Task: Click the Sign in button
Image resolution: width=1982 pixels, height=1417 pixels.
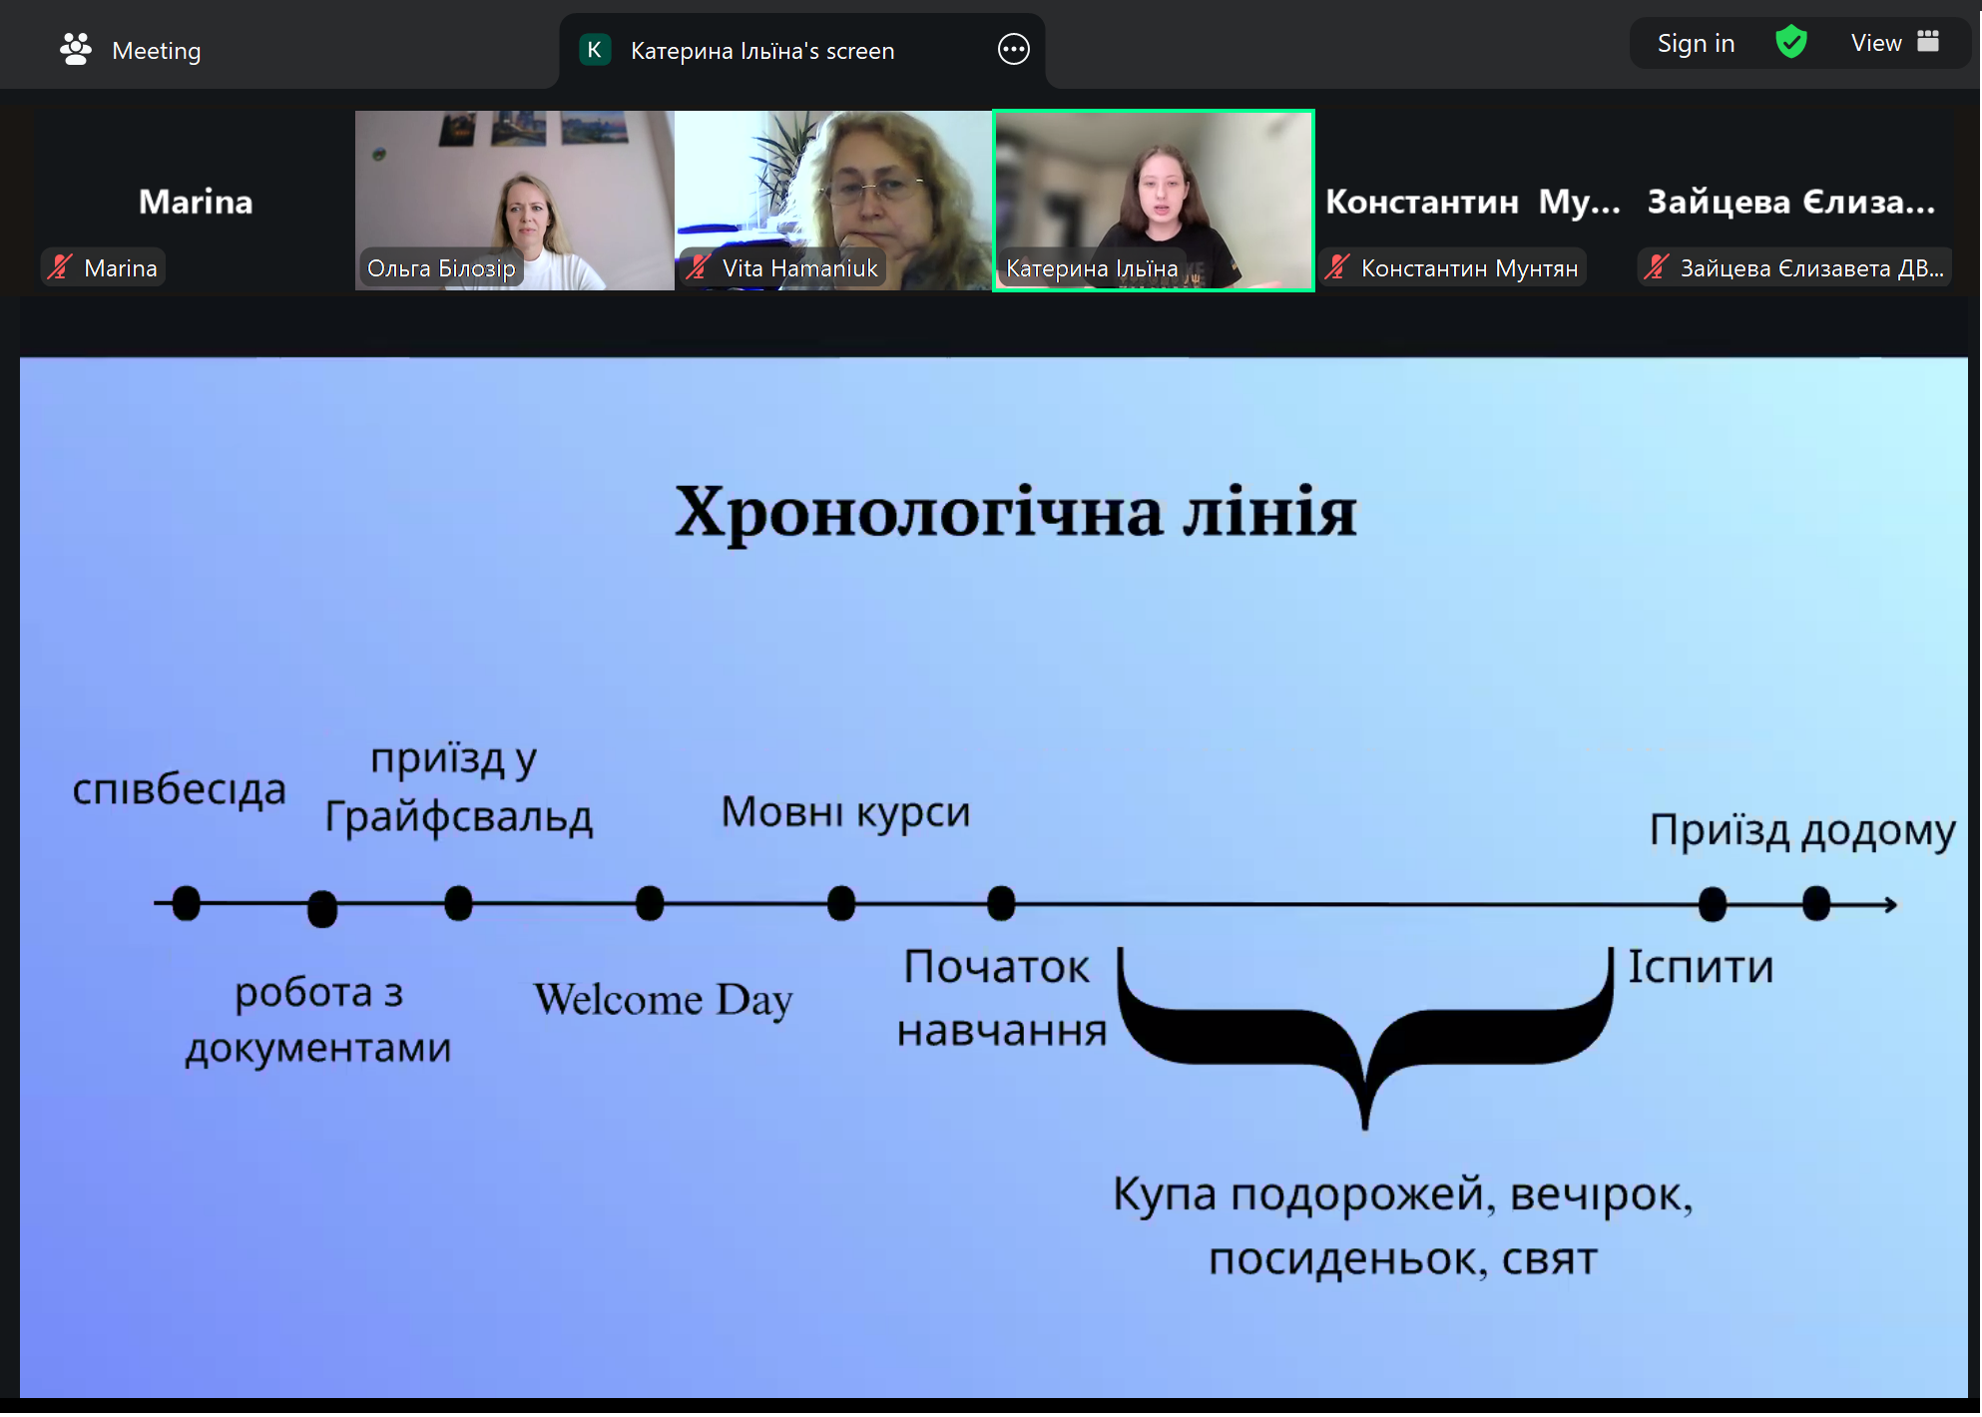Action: (x=1696, y=44)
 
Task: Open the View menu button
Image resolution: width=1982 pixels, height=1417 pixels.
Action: (x=1893, y=43)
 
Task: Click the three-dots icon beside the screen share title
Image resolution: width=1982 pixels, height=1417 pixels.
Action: (x=1013, y=49)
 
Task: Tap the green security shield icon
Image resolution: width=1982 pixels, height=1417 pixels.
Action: (x=1791, y=42)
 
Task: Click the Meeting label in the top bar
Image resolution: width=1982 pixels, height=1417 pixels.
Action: (x=156, y=51)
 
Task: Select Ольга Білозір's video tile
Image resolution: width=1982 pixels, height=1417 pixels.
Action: (x=514, y=200)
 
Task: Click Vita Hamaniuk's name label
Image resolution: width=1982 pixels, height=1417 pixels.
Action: (x=799, y=268)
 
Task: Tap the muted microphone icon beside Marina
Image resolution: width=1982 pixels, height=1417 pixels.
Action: (x=61, y=267)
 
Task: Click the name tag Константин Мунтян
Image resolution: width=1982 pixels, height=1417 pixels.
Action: (x=1468, y=268)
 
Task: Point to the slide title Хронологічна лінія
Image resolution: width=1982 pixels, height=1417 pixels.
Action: (x=1015, y=513)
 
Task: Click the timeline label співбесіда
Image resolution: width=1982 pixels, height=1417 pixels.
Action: (x=179, y=789)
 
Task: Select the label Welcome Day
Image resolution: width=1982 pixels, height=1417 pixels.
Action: (x=663, y=1000)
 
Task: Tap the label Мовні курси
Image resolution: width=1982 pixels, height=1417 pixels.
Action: (x=845, y=812)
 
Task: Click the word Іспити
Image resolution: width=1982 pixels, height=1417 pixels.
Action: (x=1701, y=967)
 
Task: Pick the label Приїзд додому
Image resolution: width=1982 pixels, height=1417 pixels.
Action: (x=1801, y=830)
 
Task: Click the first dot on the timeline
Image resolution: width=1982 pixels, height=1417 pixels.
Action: (x=186, y=903)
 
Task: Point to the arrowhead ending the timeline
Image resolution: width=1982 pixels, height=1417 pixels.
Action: (x=1889, y=905)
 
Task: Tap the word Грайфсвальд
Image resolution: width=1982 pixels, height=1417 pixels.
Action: (x=459, y=817)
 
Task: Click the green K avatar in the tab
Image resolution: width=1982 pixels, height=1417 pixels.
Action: (x=595, y=50)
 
